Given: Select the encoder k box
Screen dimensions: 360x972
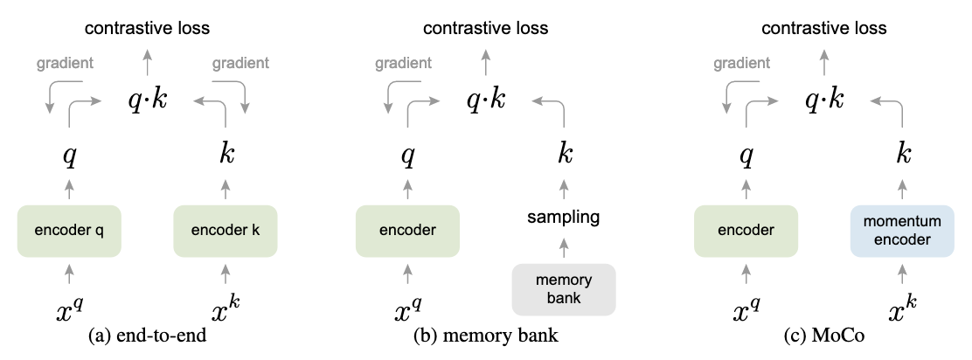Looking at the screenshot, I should (226, 232).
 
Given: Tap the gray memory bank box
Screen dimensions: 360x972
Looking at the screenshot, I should (564, 290).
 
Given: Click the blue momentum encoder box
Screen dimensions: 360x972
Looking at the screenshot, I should (903, 232).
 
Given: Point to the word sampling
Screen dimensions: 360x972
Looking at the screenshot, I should (564, 216).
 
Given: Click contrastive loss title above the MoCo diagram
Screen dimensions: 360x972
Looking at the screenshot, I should (824, 28).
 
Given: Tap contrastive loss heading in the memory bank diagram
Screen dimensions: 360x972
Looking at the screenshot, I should (486, 28).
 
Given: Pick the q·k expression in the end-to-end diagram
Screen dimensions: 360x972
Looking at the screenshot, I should (147, 100).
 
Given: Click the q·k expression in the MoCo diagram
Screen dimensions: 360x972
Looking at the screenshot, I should (824, 100).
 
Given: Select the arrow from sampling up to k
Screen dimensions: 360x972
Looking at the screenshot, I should (564, 186).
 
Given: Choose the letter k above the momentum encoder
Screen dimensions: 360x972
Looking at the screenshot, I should (903, 156).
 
